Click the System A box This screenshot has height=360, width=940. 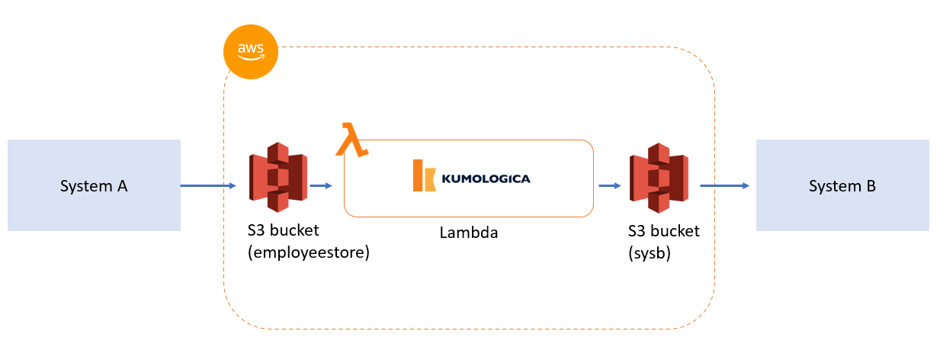coord(94,185)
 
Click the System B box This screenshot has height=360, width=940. coord(842,185)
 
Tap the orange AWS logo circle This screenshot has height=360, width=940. coord(251,52)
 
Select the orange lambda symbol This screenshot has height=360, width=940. coord(351,140)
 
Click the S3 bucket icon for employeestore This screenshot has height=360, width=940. coord(278,177)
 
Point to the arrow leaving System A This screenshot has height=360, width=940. coord(208,185)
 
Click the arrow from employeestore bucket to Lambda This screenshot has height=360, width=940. coord(321,185)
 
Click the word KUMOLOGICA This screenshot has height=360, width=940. coord(486,179)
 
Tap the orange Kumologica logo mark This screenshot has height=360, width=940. coord(424,175)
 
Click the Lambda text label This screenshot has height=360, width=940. coord(468,233)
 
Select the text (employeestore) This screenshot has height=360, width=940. coord(309,252)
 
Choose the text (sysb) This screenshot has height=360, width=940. coord(649,252)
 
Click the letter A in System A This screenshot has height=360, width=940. coord(122,186)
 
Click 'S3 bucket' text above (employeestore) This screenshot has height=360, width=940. coord(284,231)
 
